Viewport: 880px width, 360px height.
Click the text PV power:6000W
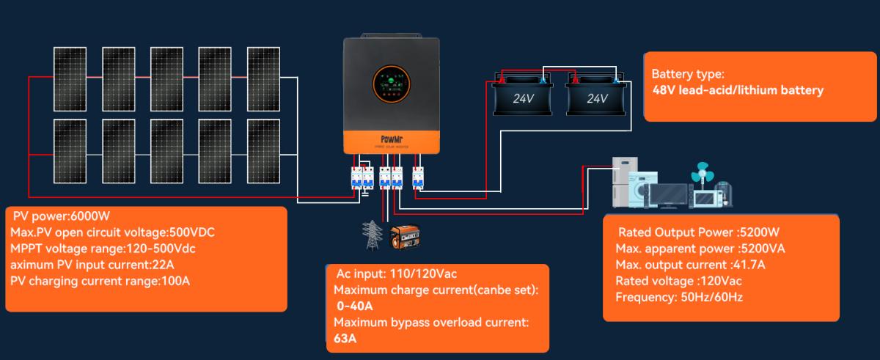tap(61, 216)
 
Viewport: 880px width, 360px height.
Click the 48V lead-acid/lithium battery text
tap(738, 90)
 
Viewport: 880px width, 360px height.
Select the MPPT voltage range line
tap(103, 249)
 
